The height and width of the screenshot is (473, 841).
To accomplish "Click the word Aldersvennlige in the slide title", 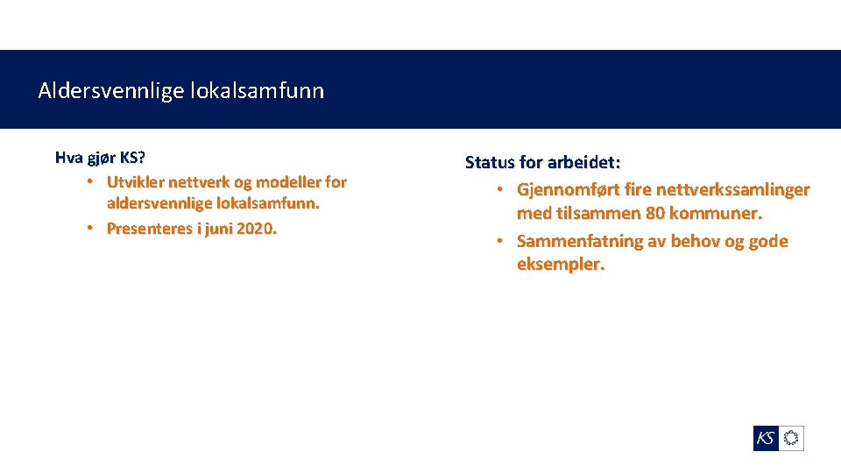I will point(110,91).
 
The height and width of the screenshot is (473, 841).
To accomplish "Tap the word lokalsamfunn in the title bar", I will point(256,91).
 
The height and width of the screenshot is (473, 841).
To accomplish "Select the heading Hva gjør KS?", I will point(100,158).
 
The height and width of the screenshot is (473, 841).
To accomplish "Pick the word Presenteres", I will point(151,229).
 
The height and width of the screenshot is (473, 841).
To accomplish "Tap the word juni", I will point(218,229).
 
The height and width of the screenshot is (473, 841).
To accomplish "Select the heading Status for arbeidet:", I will point(542,162).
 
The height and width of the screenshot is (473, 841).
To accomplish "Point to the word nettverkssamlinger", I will point(725,189).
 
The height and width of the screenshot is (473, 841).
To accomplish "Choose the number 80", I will point(654,213).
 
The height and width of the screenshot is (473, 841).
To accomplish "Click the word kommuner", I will point(716,213).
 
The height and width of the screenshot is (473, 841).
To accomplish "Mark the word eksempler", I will point(560,264).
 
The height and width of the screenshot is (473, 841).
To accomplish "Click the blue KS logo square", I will point(766,438).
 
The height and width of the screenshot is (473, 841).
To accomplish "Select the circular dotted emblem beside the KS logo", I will point(791,438).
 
